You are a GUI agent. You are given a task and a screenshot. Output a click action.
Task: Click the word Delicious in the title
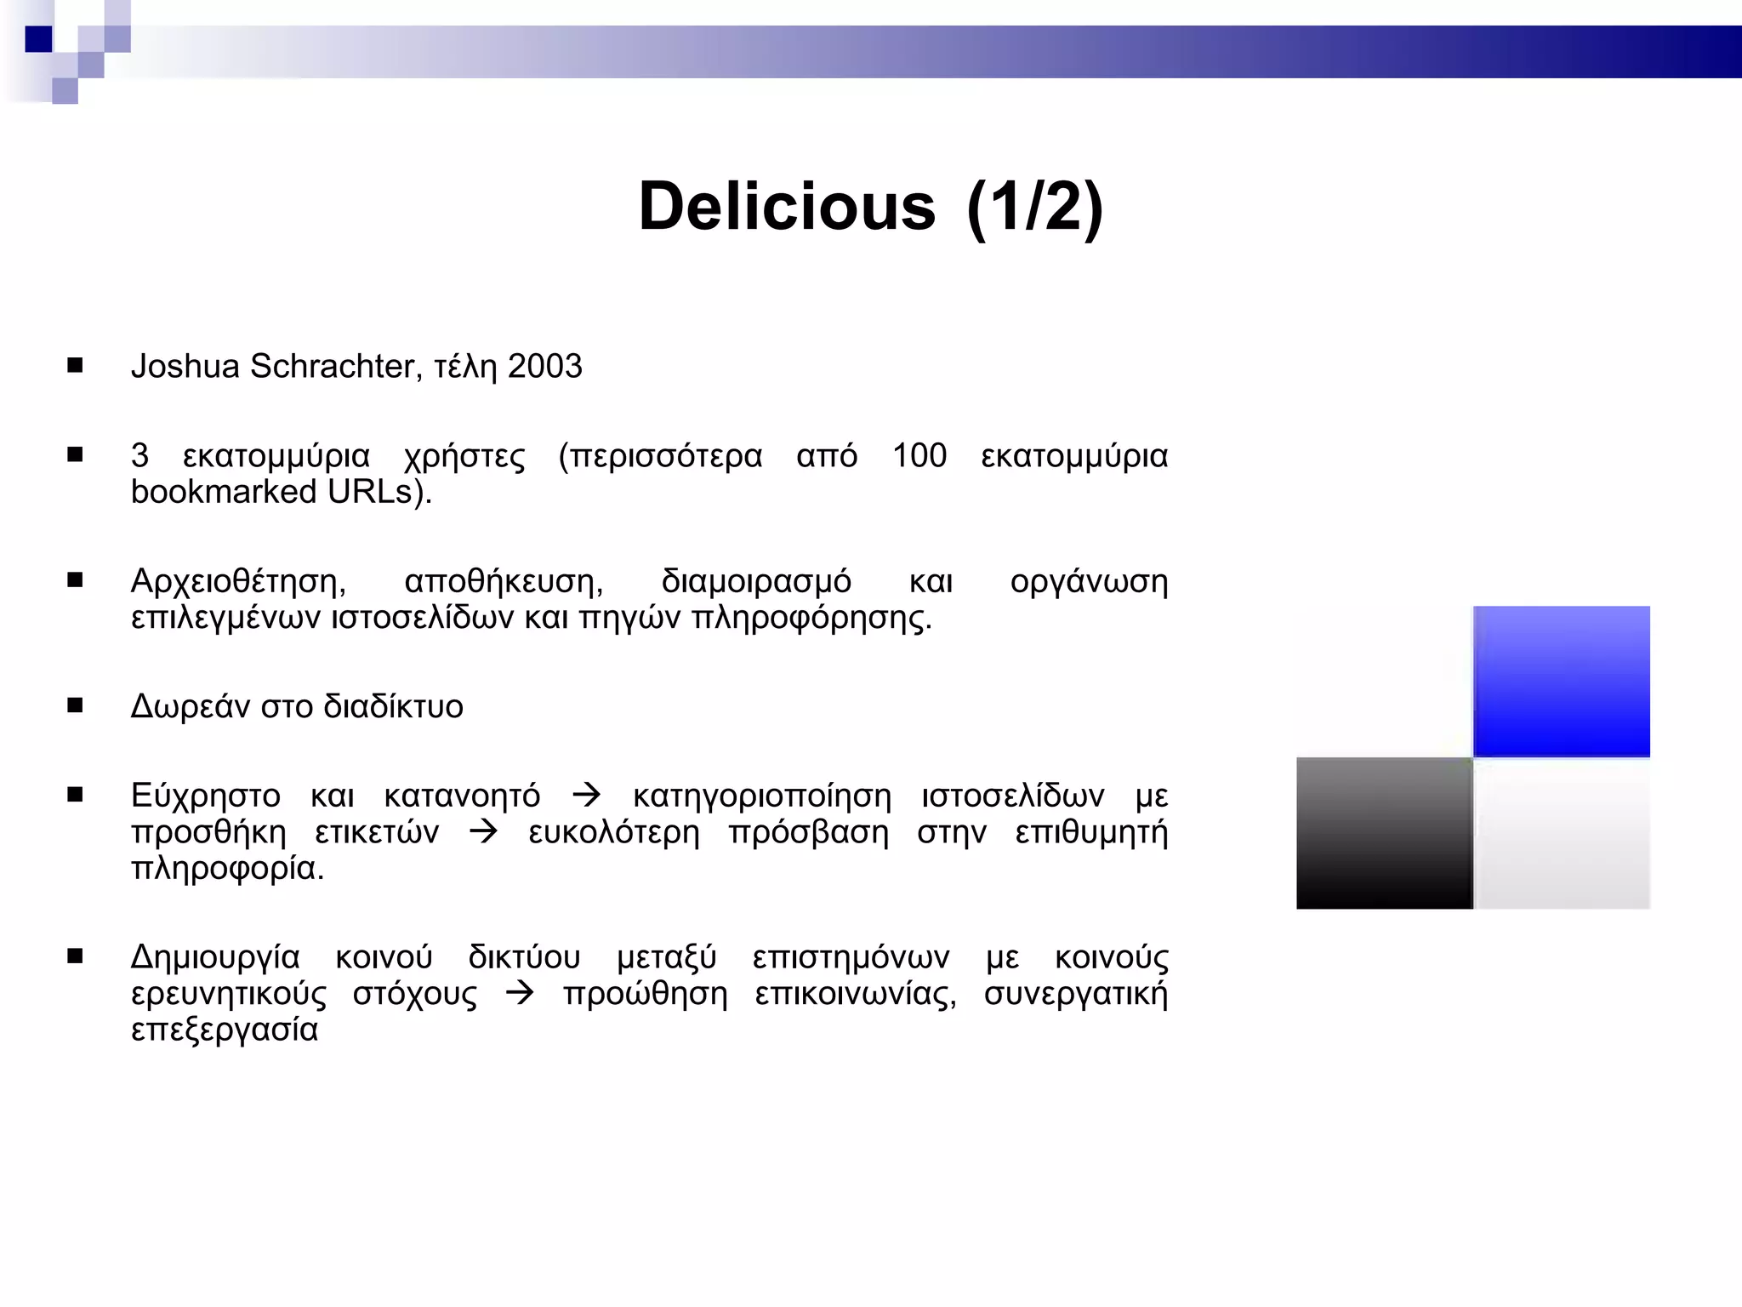click(x=787, y=207)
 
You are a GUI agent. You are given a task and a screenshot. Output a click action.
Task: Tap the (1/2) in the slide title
click(x=1035, y=207)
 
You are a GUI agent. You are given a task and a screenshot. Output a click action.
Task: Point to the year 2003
click(x=544, y=366)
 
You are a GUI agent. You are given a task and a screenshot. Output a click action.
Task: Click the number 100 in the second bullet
click(x=919, y=455)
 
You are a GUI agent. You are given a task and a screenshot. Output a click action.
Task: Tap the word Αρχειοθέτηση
click(x=238, y=582)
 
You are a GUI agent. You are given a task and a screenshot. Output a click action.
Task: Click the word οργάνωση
click(x=1089, y=582)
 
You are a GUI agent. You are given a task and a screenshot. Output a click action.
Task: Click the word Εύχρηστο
click(x=205, y=796)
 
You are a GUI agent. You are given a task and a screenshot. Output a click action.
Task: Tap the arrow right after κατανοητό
click(x=586, y=796)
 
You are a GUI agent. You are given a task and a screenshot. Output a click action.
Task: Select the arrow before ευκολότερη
click(x=483, y=832)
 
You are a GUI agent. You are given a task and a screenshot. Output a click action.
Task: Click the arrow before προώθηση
click(x=520, y=993)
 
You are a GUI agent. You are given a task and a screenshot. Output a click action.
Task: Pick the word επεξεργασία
click(x=225, y=1030)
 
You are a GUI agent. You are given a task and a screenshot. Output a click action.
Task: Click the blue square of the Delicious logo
click(x=1561, y=681)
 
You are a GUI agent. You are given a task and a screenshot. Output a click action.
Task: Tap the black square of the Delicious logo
click(x=1384, y=833)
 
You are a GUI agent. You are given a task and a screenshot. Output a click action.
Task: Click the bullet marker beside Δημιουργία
click(x=75, y=956)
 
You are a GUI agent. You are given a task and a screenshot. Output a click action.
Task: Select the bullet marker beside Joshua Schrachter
click(x=75, y=366)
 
